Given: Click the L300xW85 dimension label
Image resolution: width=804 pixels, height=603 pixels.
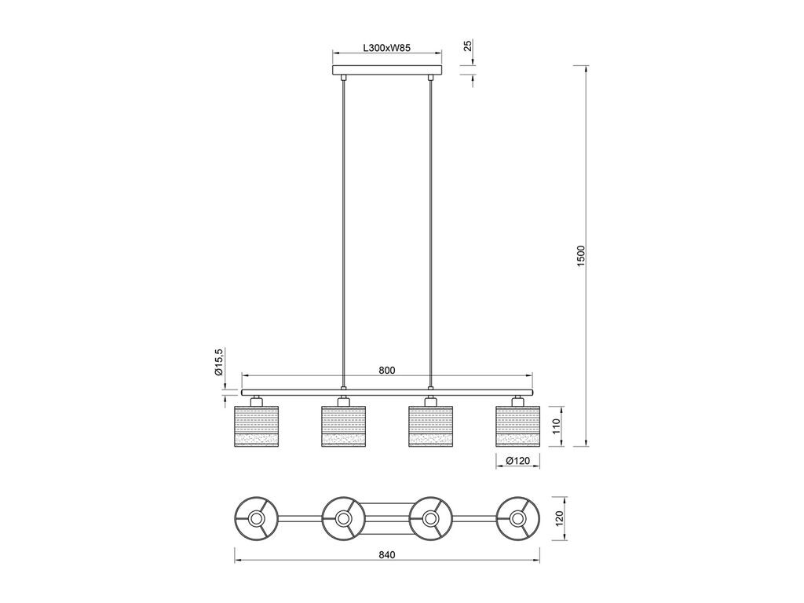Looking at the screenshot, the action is [x=386, y=48].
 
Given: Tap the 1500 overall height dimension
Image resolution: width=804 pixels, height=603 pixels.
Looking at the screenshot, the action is [x=580, y=256].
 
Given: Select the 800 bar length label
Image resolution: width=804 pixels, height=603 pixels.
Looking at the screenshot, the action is [x=386, y=371].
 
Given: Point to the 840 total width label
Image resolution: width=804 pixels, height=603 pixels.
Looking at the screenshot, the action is [x=386, y=555].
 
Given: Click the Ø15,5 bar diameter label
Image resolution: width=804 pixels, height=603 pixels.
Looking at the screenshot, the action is [x=218, y=362].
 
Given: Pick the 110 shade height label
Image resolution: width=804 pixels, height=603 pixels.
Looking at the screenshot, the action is [x=555, y=426].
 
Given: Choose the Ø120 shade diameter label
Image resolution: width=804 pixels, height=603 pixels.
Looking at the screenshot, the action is [x=517, y=461].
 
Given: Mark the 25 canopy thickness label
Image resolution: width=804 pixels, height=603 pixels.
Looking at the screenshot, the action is [x=468, y=46].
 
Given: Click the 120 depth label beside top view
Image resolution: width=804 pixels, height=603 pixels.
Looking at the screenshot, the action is [x=559, y=518].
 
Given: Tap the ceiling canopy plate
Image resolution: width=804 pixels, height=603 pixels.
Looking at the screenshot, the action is [x=387, y=70].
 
